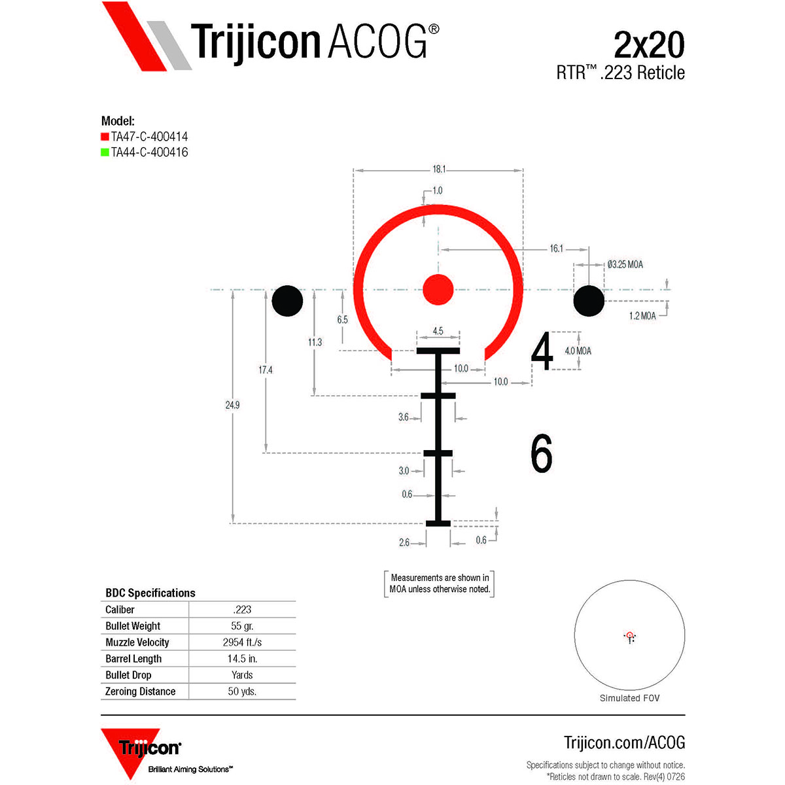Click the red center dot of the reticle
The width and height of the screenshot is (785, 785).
tap(438, 290)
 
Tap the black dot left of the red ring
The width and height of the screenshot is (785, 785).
tap(287, 301)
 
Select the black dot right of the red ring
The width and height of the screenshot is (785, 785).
tap(589, 301)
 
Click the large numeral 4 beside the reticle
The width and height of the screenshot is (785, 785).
tap(542, 351)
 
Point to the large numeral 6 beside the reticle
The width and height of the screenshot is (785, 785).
tap(542, 453)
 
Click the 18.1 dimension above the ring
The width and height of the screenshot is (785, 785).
tap(439, 169)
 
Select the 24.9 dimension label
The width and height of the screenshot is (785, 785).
tap(232, 405)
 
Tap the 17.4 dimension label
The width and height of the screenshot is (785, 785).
tap(265, 370)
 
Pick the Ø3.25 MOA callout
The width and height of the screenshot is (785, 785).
tap(625, 264)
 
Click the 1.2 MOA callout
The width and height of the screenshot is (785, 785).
tap(642, 316)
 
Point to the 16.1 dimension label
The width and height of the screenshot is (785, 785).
tap(556, 249)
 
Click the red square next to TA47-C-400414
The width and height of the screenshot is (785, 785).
tap(105, 137)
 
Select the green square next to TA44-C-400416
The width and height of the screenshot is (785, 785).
tap(105, 152)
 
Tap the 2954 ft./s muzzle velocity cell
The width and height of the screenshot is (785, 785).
tap(242, 642)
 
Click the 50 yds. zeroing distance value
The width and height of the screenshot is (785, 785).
tap(242, 691)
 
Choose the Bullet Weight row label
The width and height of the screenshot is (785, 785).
tap(133, 626)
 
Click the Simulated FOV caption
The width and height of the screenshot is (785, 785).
tap(629, 698)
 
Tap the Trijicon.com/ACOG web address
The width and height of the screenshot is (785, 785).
tap(625, 742)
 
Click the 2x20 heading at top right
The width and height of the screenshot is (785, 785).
tap(650, 45)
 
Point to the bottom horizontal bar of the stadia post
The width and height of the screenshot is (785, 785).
tap(438, 523)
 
